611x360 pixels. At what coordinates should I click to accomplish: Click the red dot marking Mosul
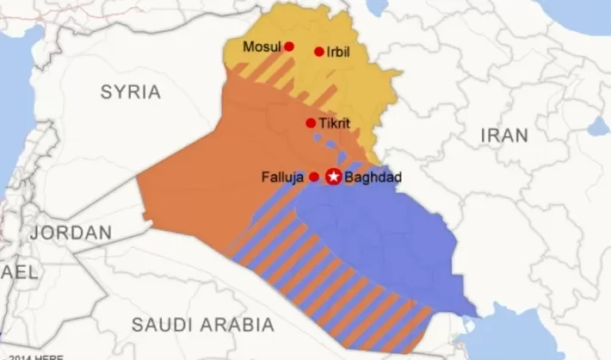coord(289,47)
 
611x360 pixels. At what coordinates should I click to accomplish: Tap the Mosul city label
coord(262,47)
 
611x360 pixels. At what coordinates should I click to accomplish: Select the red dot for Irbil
coord(319,52)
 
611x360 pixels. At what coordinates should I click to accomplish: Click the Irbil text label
coord(339,53)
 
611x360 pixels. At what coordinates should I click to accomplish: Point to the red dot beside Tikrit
coord(311,123)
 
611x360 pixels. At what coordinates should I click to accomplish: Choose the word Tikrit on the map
coord(334,123)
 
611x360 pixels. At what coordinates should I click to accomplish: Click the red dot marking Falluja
coord(313,177)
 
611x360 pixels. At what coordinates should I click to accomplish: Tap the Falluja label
coord(283,177)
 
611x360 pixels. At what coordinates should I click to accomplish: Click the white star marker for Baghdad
coord(332,177)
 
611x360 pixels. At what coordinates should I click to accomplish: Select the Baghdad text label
coord(372,178)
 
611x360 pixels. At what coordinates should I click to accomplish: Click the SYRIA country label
coord(131,91)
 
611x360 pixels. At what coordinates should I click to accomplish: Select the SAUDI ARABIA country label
coord(202,324)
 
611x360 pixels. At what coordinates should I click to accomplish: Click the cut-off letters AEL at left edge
coord(18,272)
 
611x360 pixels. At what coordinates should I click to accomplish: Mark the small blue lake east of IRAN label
coord(599,127)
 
